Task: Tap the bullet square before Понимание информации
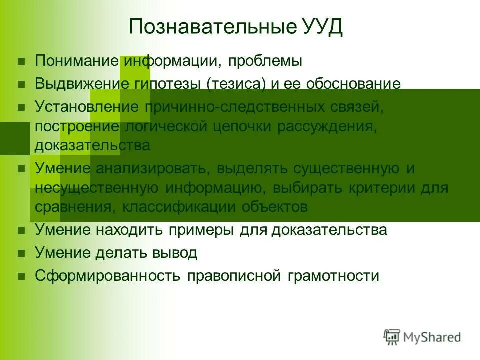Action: pyautogui.click(x=21, y=62)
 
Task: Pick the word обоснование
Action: pyautogui.click(x=354, y=84)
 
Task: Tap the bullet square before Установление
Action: pyautogui.click(x=21, y=107)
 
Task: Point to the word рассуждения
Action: pyautogui.click(x=331, y=126)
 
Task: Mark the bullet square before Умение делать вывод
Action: pyautogui.click(x=21, y=253)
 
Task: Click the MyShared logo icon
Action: pyautogui.click(x=392, y=337)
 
